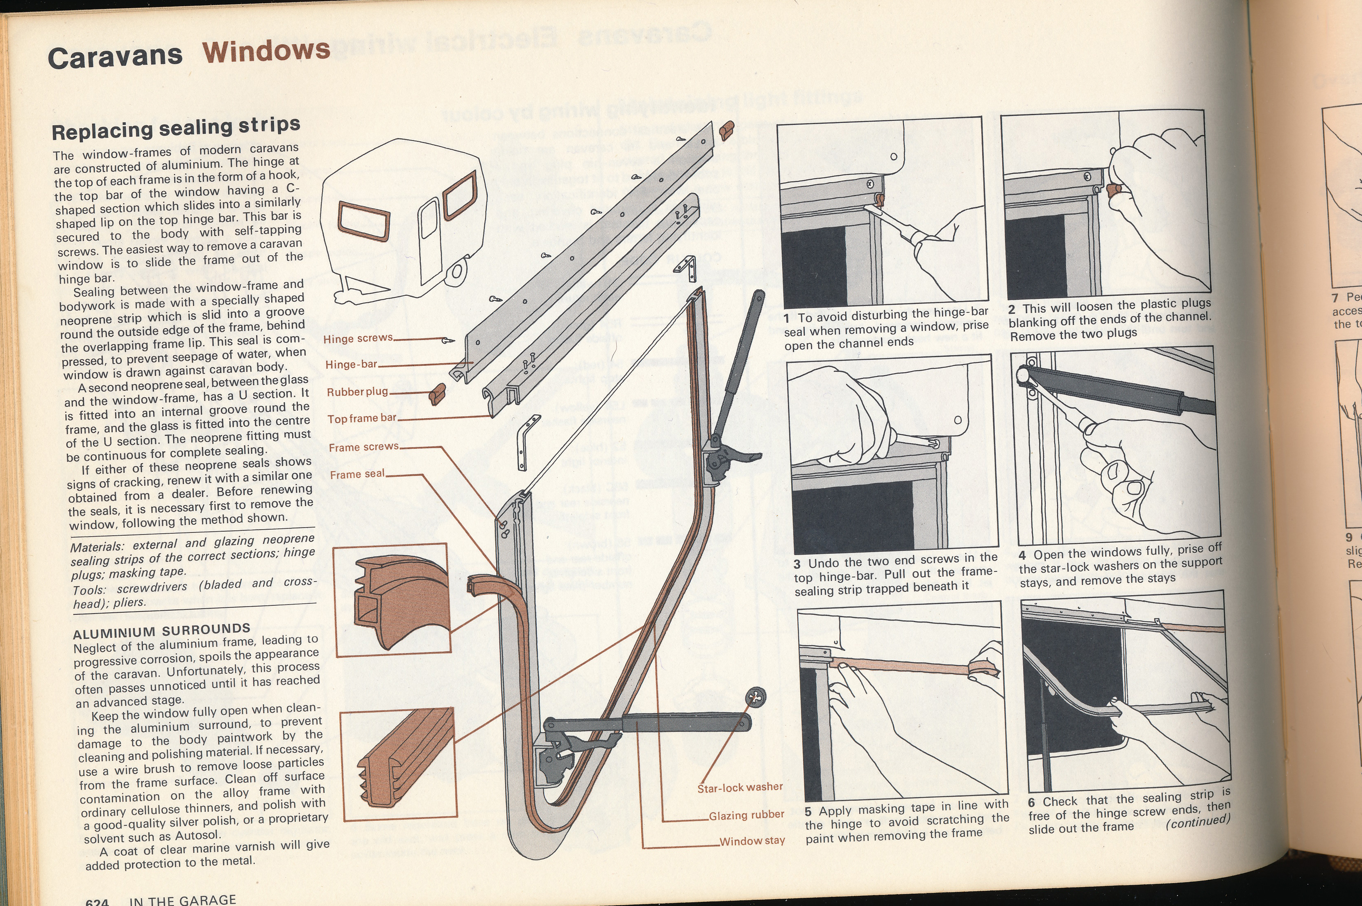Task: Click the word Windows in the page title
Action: (266, 52)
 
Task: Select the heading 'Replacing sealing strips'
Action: (176, 128)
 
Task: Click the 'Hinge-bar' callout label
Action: (351, 365)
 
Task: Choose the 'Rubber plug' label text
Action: (357, 392)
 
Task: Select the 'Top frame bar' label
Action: (362, 418)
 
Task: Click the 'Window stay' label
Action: (752, 841)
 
